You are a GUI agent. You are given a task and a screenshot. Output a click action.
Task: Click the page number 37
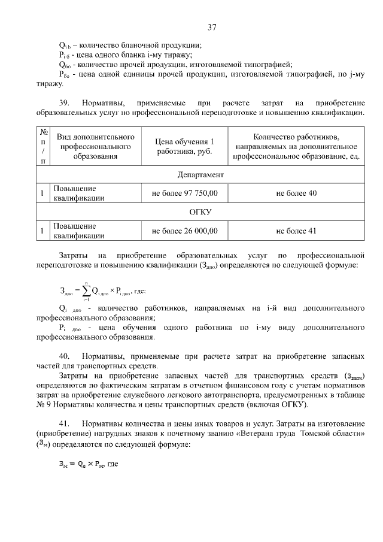(212, 27)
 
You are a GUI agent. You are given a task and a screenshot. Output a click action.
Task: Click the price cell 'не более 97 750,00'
(185, 193)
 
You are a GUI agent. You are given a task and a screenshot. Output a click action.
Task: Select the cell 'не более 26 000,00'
(185, 231)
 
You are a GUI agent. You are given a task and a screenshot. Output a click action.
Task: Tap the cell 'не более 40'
(296, 193)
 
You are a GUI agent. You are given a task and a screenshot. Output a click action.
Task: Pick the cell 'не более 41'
(296, 231)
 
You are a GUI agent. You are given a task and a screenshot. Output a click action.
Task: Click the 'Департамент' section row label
(200, 174)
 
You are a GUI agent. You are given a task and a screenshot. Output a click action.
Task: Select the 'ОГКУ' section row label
(200, 212)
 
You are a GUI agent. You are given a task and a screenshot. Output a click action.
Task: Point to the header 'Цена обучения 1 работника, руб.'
(185, 146)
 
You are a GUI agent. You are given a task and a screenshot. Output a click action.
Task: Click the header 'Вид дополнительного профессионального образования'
(95, 146)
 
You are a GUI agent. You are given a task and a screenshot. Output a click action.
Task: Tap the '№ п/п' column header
(42, 146)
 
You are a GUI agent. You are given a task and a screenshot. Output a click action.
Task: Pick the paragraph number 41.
(65, 423)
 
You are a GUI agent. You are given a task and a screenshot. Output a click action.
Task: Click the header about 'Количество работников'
(296, 146)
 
